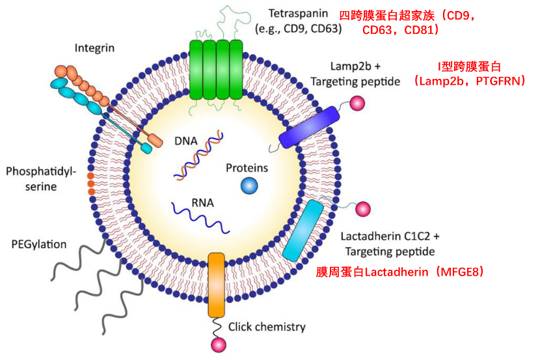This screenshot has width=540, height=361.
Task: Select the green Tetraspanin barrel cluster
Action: click(215, 70)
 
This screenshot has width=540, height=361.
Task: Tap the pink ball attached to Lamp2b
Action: click(357, 103)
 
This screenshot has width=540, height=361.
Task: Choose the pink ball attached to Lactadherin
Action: click(362, 209)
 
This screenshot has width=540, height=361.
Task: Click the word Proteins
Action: click(247, 168)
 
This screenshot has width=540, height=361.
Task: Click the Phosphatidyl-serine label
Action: click(41, 179)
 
